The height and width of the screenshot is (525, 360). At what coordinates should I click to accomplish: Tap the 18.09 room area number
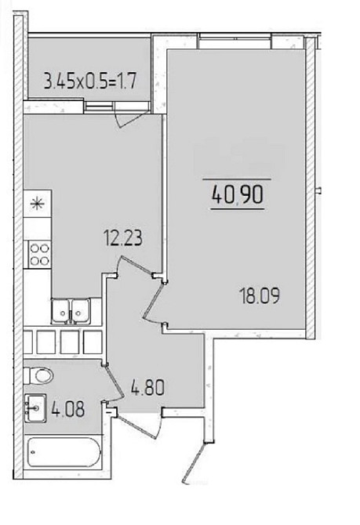260,296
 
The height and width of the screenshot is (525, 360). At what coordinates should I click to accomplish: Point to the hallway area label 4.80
147,389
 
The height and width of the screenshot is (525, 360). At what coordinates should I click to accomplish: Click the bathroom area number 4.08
68,409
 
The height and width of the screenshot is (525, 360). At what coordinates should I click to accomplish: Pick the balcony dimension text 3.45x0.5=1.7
90,81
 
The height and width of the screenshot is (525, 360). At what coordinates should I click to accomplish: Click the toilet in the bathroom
39,375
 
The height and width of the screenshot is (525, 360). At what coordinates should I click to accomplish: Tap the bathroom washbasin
35,408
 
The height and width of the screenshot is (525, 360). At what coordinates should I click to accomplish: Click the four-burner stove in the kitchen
39,255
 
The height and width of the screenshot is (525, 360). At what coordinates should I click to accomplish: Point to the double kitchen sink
71,311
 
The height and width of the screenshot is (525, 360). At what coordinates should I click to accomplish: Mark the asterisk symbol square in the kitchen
37,203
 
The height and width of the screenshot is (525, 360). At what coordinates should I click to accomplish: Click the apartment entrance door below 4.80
138,422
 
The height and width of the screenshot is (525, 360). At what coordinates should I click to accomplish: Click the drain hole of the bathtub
32,452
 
